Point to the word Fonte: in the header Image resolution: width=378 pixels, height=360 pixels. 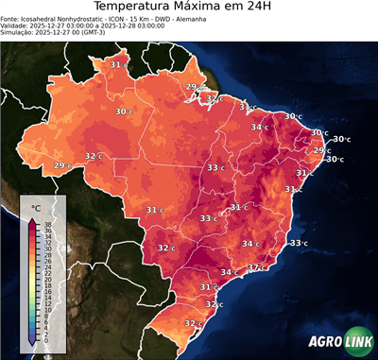pyautogui.click(x=12, y=23)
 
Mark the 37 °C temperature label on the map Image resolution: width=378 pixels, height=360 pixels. pyautogui.click(x=254, y=267)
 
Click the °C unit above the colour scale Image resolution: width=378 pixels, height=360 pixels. pyautogui.click(x=37, y=207)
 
